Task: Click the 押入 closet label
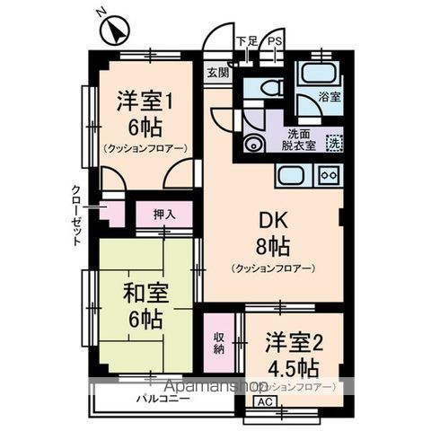point(163,215)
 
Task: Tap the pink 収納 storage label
point(219,343)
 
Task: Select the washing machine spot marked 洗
point(333,141)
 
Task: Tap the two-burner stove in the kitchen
point(328,176)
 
